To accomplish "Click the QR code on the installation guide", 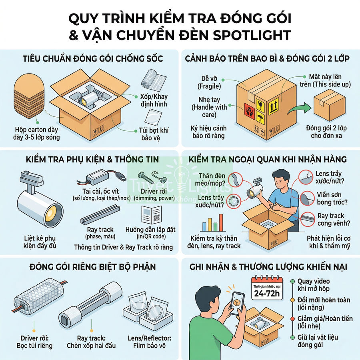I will click(157, 218).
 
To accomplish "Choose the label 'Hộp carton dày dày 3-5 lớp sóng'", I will click(36, 133).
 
